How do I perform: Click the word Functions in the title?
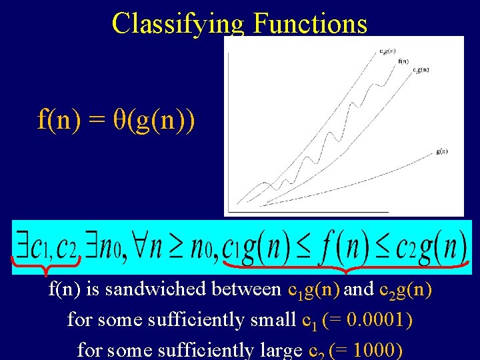coord(310,23)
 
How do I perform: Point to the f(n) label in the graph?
coord(403,61)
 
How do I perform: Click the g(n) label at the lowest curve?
coord(441,151)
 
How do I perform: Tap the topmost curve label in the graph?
coord(387,50)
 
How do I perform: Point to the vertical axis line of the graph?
coord(229,127)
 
